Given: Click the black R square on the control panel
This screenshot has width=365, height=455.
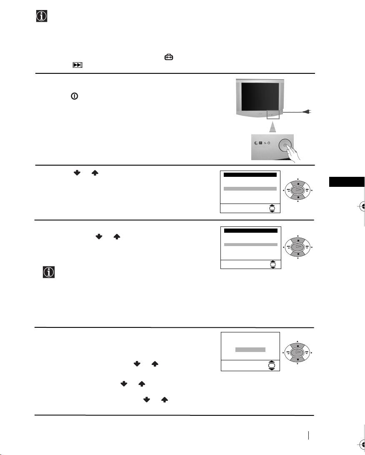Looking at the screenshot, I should (x=262, y=143).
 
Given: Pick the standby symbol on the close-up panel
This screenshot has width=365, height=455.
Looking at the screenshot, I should (x=275, y=143).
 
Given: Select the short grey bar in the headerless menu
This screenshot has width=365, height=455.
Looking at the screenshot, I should (x=250, y=349).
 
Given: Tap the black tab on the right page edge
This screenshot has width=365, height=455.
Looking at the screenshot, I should (x=347, y=182).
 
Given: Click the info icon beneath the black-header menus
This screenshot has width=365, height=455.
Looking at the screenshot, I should (x=49, y=273).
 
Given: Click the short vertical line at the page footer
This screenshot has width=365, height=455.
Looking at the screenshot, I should (x=308, y=435).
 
